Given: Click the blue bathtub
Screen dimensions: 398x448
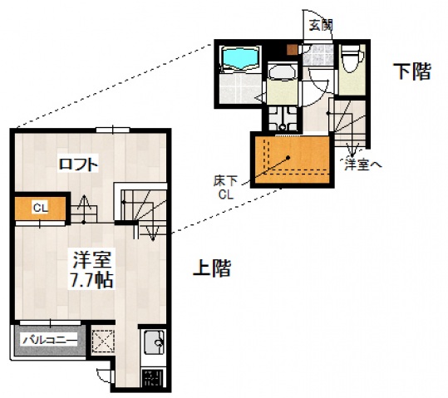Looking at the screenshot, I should pos(239,59).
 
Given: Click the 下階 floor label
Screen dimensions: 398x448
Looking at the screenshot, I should pos(411,71).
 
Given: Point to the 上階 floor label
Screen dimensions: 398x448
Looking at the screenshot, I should pos(211,268).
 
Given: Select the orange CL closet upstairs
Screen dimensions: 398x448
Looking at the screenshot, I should pos(39,209).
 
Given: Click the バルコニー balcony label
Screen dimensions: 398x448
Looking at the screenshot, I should pos(49,340).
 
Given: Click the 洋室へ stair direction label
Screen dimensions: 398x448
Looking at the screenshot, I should pos(362,165).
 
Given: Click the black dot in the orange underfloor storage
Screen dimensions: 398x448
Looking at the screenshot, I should pos(288,158).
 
